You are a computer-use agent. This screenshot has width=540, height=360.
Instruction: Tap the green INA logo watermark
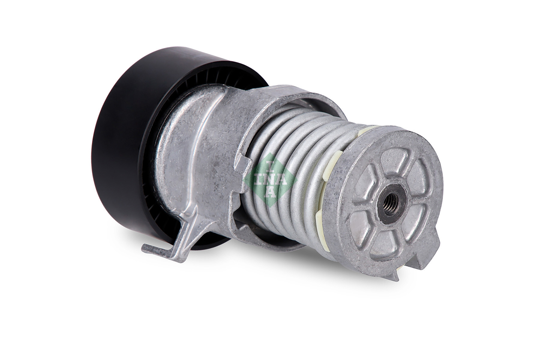point(270,179)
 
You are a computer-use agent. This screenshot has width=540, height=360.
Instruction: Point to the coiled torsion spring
point(288,156)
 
